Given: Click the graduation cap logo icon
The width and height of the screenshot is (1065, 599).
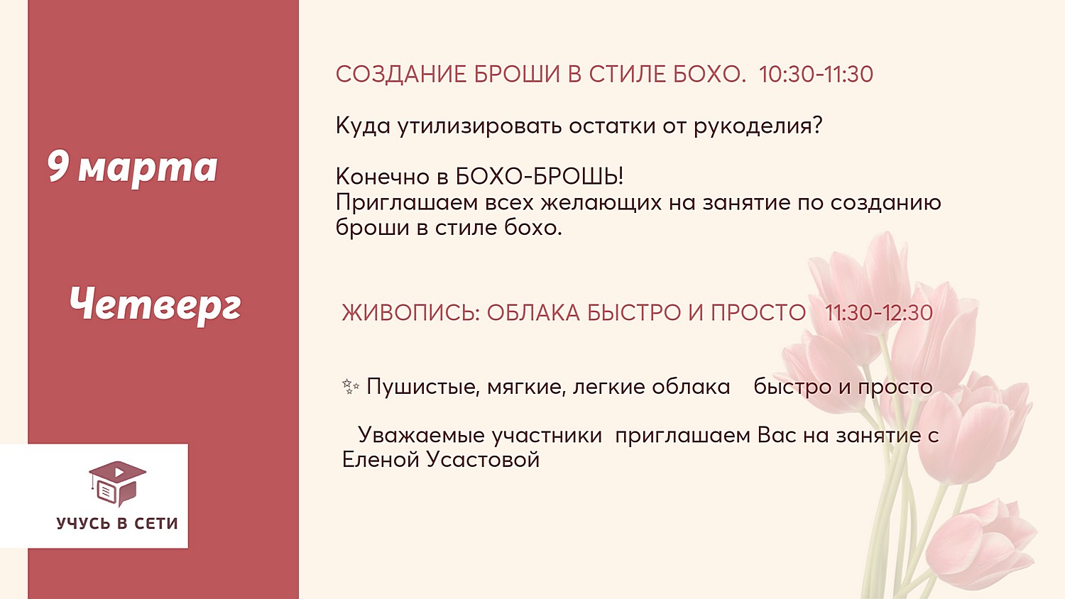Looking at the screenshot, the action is tap(117, 483).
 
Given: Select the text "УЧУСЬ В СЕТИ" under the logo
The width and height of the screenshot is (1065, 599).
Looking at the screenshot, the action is tap(117, 523).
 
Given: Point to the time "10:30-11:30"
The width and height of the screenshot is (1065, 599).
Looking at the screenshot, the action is tap(816, 74).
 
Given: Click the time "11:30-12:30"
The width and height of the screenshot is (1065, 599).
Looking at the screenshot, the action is tap(879, 313).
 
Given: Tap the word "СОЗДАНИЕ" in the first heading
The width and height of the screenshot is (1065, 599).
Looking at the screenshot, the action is tap(401, 74).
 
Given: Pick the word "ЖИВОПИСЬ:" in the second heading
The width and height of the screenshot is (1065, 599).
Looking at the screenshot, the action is tap(411, 313).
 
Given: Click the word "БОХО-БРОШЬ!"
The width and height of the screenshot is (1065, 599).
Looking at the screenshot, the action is tap(539, 177).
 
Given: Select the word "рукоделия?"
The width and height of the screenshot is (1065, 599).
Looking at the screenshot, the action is tap(758, 126).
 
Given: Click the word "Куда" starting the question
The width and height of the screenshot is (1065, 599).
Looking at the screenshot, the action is tap(363, 126).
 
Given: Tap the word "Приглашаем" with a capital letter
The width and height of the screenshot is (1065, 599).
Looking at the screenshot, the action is tap(407, 203).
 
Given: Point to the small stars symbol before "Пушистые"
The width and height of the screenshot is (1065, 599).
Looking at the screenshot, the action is tap(351, 387).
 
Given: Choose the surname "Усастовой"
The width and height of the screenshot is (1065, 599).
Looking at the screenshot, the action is tap(483, 460).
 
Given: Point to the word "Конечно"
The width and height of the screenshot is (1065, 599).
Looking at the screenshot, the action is tap(383, 177).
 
